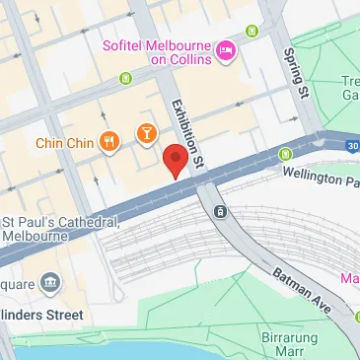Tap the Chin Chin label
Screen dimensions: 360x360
coord(65,141)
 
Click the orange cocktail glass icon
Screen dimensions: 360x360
coord(146,132)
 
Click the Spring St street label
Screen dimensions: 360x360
coord(292,74)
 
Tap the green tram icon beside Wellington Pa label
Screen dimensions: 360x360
coord(285,153)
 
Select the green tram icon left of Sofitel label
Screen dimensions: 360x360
coord(125,77)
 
